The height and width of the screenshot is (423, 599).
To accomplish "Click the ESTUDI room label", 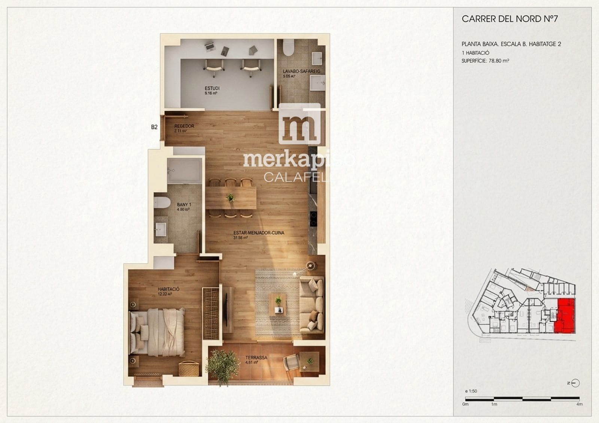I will point(212,88).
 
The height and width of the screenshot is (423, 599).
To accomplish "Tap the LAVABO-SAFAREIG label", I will point(301,71).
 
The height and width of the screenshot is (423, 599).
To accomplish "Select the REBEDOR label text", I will point(184,126).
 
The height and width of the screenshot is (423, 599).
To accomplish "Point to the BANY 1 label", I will point(184,205).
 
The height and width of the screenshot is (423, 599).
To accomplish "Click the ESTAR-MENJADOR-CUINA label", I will point(259,233).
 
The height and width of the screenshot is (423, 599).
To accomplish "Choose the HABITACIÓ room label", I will point(168,289).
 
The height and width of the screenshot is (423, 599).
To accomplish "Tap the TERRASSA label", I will point(256,357).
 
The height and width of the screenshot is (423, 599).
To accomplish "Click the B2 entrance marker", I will point(154,127).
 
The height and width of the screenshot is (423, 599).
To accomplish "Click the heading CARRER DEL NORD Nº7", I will point(510,19).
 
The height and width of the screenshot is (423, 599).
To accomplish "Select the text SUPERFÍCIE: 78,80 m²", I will point(485,61).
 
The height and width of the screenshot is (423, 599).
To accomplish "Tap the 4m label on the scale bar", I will point(579,404).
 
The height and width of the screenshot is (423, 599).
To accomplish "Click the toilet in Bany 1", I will point(162,203).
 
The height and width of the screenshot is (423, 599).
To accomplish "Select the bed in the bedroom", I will point(157,332).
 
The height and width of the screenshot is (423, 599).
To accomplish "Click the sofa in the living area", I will point(311,304).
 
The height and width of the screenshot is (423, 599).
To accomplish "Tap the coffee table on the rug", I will point(277,303).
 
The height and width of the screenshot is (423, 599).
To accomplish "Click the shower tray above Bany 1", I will point(184,170).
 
